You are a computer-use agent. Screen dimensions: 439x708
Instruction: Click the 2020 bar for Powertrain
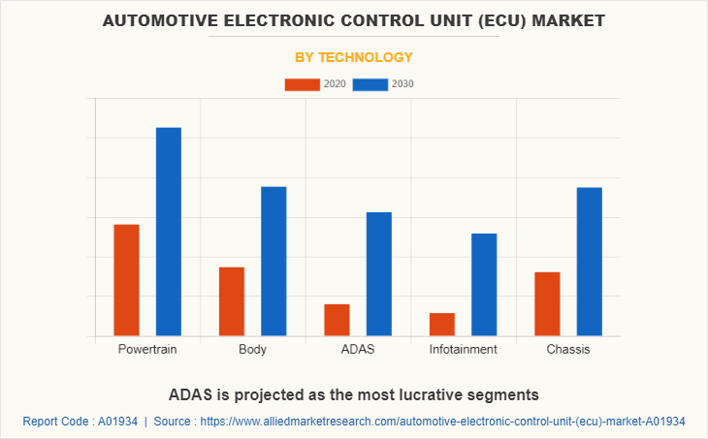(126, 280)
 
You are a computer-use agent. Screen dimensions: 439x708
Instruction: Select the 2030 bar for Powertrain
(169, 232)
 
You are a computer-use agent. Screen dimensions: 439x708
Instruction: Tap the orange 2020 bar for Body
(232, 301)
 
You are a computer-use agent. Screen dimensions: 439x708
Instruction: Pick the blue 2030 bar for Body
(274, 261)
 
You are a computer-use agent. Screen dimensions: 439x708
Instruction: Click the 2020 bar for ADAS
(337, 320)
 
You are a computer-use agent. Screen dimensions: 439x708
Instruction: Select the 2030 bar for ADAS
(378, 273)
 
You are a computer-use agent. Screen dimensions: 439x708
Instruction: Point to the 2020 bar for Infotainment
(442, 325)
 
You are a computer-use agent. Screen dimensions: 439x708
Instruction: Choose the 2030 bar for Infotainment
(484, 285)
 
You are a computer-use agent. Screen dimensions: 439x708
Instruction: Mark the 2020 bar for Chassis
(547, 303)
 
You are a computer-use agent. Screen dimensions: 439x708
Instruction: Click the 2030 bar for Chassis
(589, 262)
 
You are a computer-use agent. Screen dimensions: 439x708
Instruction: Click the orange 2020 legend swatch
(302, 84)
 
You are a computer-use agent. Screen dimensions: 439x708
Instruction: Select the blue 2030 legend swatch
(370, 84)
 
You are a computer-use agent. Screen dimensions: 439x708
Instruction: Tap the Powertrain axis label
(147, 349)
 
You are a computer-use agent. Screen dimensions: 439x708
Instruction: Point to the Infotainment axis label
(464, 349)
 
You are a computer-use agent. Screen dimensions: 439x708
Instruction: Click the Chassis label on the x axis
(568, 349)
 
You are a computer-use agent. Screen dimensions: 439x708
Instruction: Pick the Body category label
(252, 349)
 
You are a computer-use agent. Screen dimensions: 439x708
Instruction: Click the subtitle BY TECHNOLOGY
(354, 57)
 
